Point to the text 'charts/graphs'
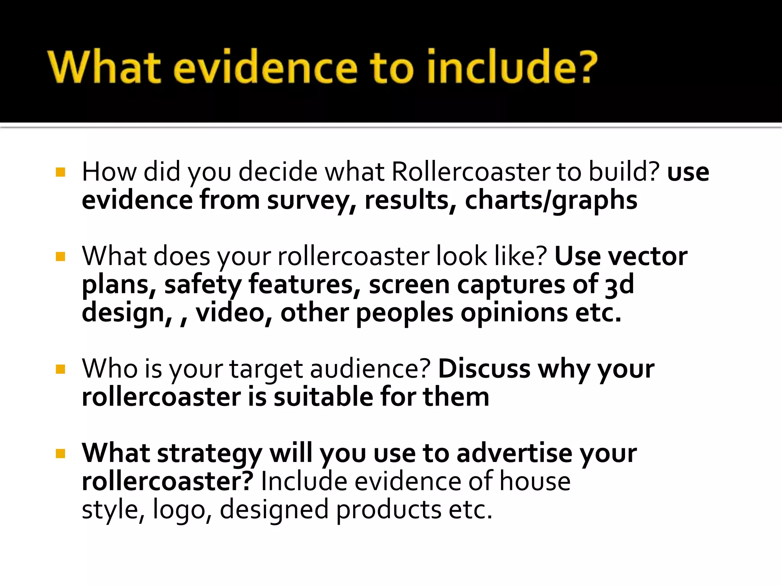tap(551, 201)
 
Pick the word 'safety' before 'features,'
tap(203, 285)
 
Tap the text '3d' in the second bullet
tap(619, 285)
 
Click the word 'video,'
tap(234, 313)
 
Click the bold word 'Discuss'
tap(484, 369)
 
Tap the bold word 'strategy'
tap(210, 453)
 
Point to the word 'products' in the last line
tap(389, 510)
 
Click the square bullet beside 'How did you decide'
tap(60, 172)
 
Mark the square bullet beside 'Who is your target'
tap(60, 369)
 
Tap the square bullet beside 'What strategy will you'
tap(60, 454)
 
